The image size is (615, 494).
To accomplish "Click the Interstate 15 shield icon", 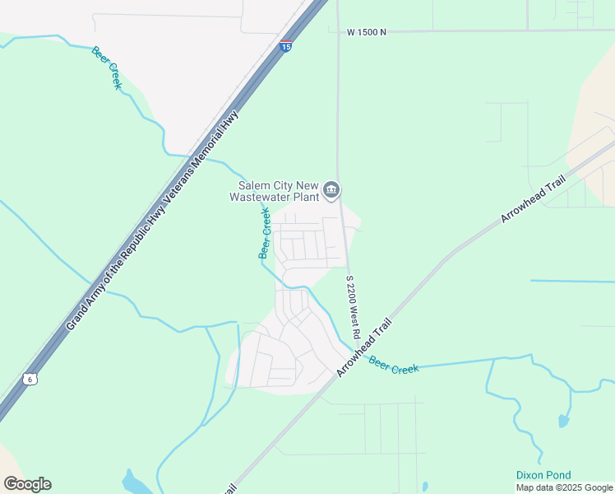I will click(x=285, y=46).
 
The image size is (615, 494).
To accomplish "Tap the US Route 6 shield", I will click(x=30, y=379).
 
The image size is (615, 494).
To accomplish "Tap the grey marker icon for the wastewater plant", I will click(x=331, y=191).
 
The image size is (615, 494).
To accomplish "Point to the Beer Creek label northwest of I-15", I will click(x=107, y=68).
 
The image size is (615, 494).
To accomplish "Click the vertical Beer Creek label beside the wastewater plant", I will click(x=265, y=233).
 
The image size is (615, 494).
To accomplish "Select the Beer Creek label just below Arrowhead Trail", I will click(x=394, y=365).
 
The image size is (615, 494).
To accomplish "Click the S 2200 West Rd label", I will click(x=353, y=308).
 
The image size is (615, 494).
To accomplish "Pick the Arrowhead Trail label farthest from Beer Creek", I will click(x=534, y=200).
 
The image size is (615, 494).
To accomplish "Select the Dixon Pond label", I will click(x=543, y=475).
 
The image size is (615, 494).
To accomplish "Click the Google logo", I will click(x=27, y=484).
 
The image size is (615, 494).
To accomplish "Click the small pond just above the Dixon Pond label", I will click(x=563, y=422).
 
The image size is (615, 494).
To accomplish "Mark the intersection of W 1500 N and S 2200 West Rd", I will click(x=337, y=32).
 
